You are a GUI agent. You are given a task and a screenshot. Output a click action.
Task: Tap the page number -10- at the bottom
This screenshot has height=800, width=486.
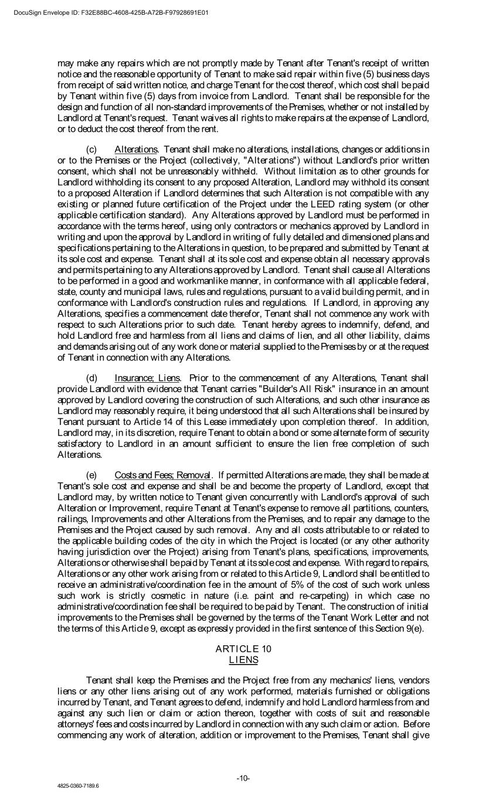click(x=243, y=778)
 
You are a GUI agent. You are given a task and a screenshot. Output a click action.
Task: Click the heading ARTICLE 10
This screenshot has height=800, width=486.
click(x=243, y=648)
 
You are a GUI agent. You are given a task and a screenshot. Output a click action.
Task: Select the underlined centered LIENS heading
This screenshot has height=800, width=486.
click(x=243, y=659)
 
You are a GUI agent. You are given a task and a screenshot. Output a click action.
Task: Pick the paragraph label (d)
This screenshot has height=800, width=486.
click(x=92, y=377)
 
